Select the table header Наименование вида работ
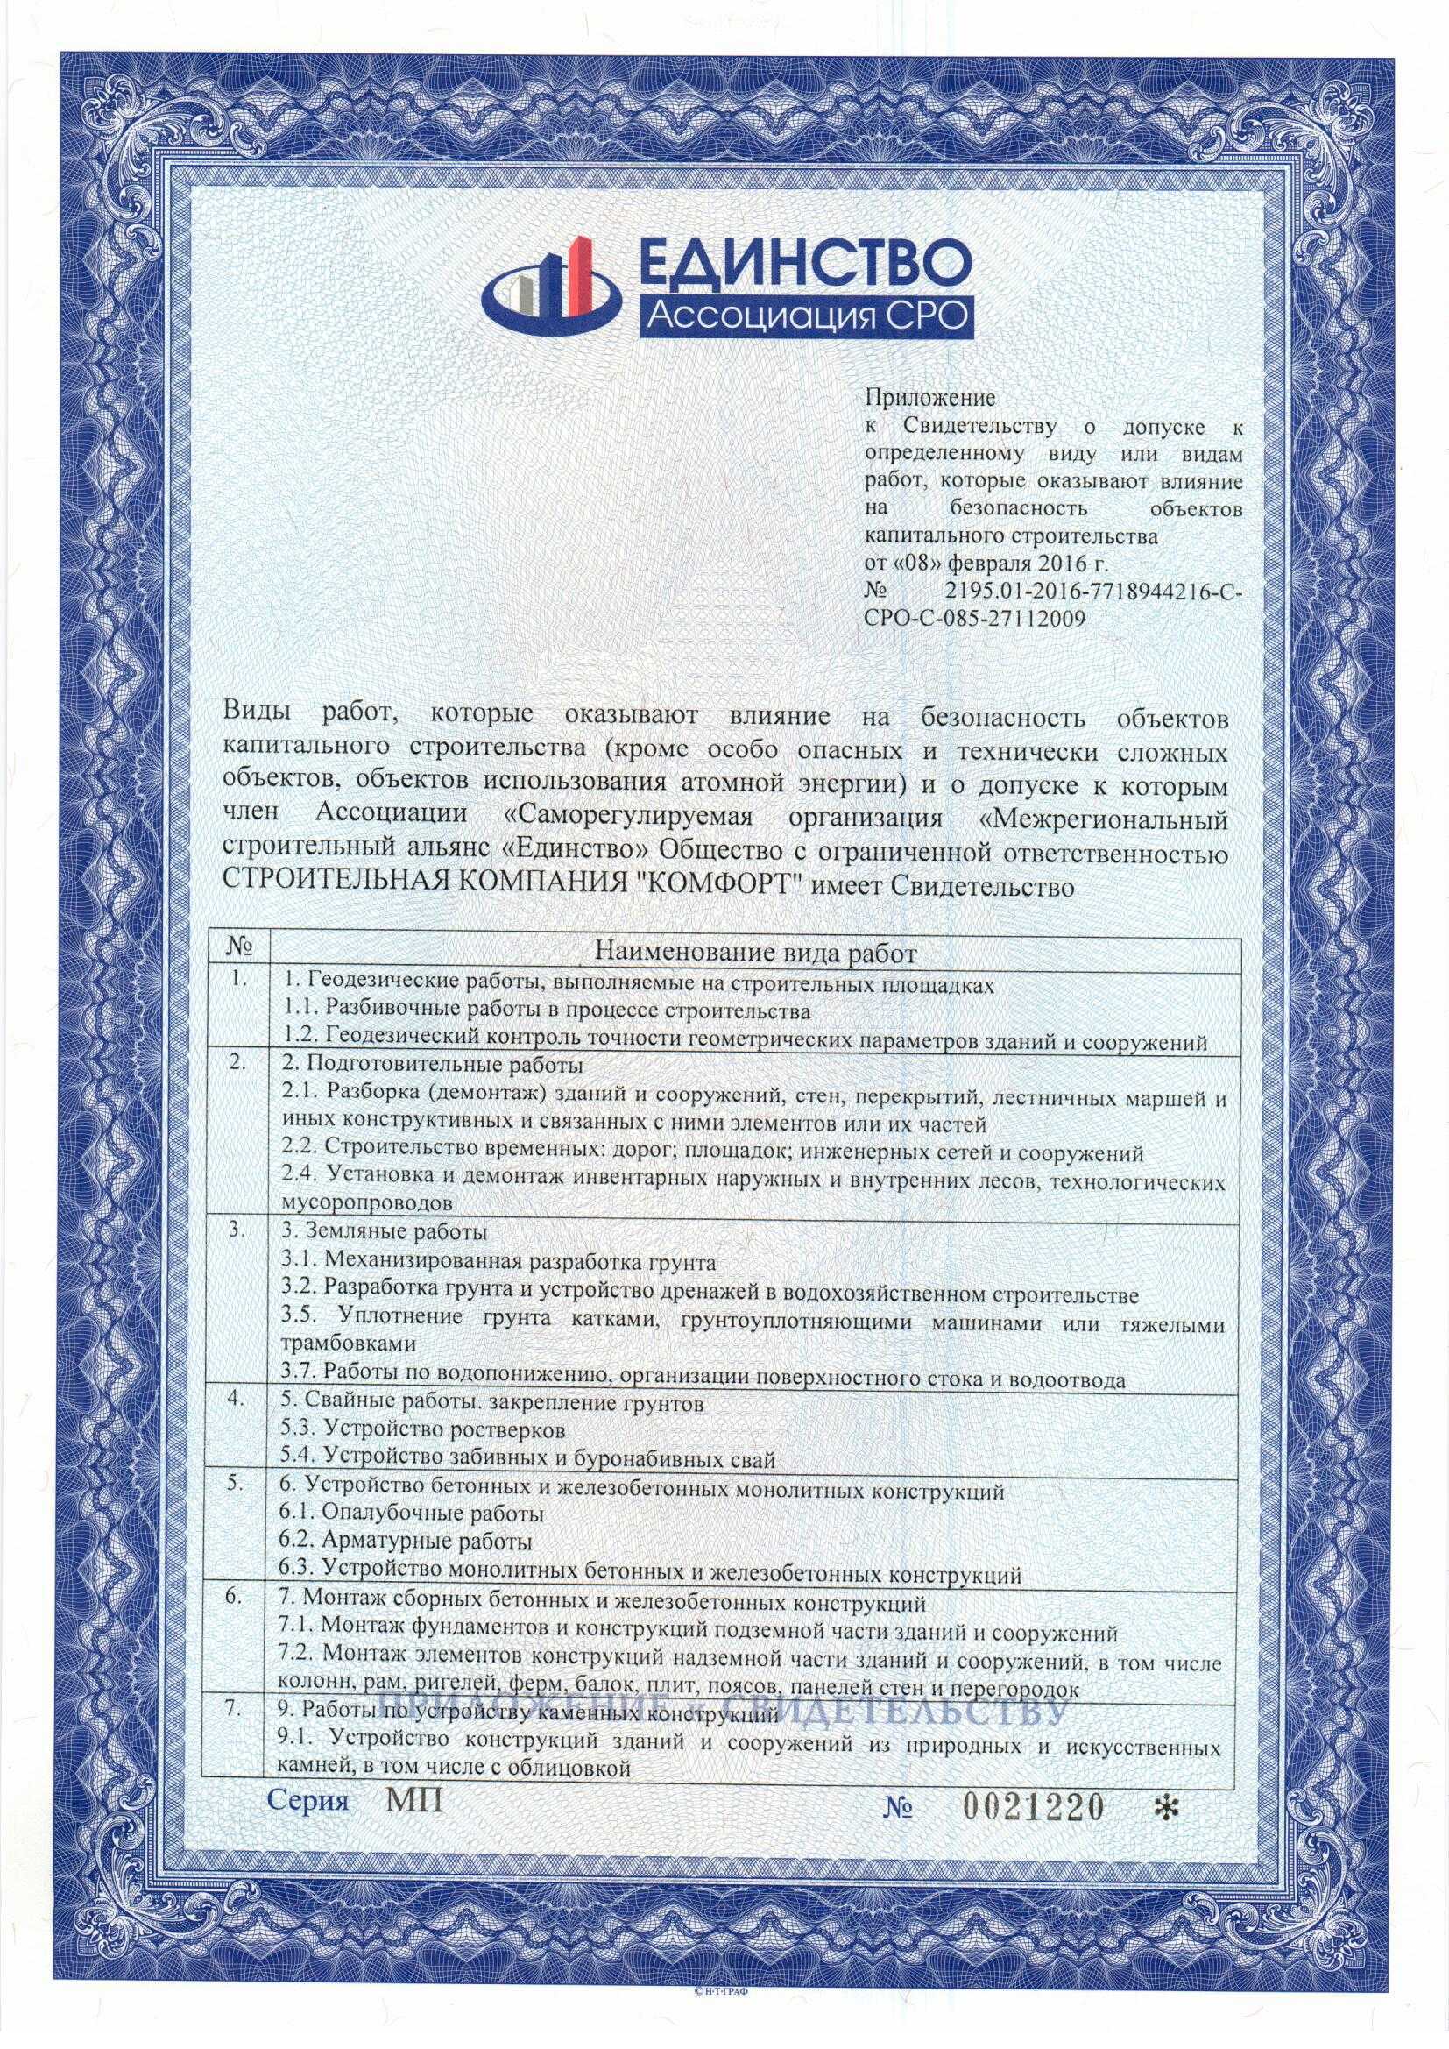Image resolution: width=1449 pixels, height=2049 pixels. [x=756, y=954]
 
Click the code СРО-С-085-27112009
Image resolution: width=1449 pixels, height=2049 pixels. [x=976, y=617]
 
